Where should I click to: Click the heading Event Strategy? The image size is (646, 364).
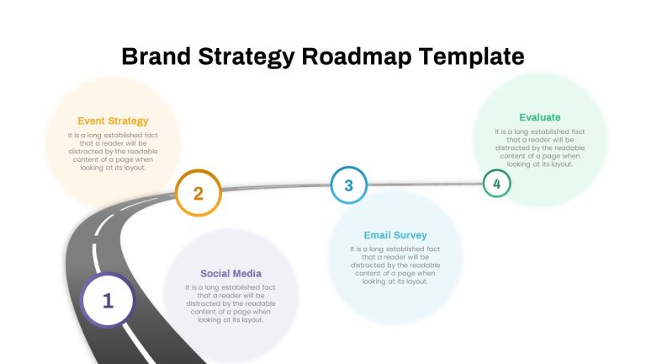click(113, 121)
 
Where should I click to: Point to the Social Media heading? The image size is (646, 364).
click(230, 274)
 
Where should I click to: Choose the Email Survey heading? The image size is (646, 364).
click(395, 235)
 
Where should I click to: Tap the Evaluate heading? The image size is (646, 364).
click(540, 117)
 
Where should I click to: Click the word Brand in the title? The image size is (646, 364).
click(156, 56)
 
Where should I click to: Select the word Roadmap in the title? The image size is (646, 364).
click(357, 57)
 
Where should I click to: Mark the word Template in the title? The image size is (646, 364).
click(472, 57)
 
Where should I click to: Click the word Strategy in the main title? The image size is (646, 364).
click(246, 57)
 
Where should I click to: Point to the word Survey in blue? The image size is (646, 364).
click(410, 235)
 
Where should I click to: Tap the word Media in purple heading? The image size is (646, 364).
click(246, 274)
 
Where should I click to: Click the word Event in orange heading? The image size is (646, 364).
click(91, 121)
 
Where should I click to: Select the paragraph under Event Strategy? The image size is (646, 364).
click(113, 152)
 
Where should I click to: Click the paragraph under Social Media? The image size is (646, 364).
click(230, 303)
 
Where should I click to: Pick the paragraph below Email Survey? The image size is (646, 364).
click(395, 265)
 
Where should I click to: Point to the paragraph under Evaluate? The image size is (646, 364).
click(540, 147)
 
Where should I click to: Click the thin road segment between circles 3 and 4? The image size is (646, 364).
click(425, 184)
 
